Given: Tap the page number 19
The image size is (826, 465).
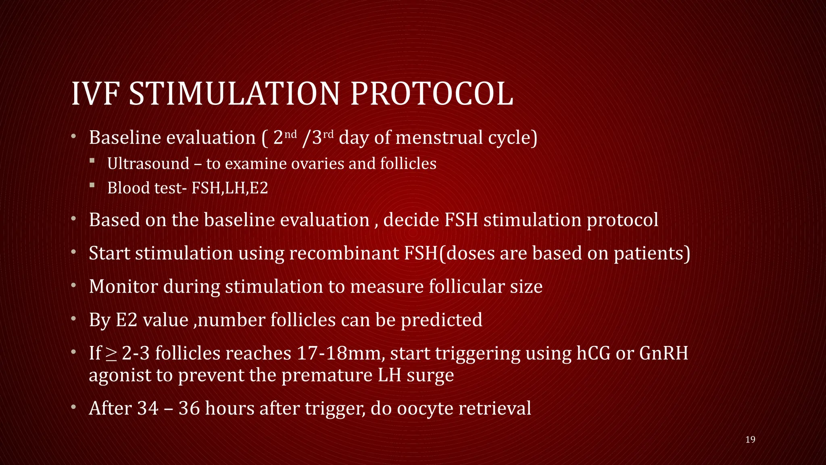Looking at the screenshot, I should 750,440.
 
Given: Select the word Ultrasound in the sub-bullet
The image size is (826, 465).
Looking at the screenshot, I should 148,163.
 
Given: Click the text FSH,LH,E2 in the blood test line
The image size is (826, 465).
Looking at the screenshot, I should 229,188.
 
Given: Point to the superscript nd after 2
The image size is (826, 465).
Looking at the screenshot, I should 291,134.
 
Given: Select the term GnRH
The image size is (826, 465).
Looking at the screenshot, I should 663,353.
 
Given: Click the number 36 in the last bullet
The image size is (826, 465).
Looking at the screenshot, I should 189,408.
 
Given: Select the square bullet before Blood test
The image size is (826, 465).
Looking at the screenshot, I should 92,185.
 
